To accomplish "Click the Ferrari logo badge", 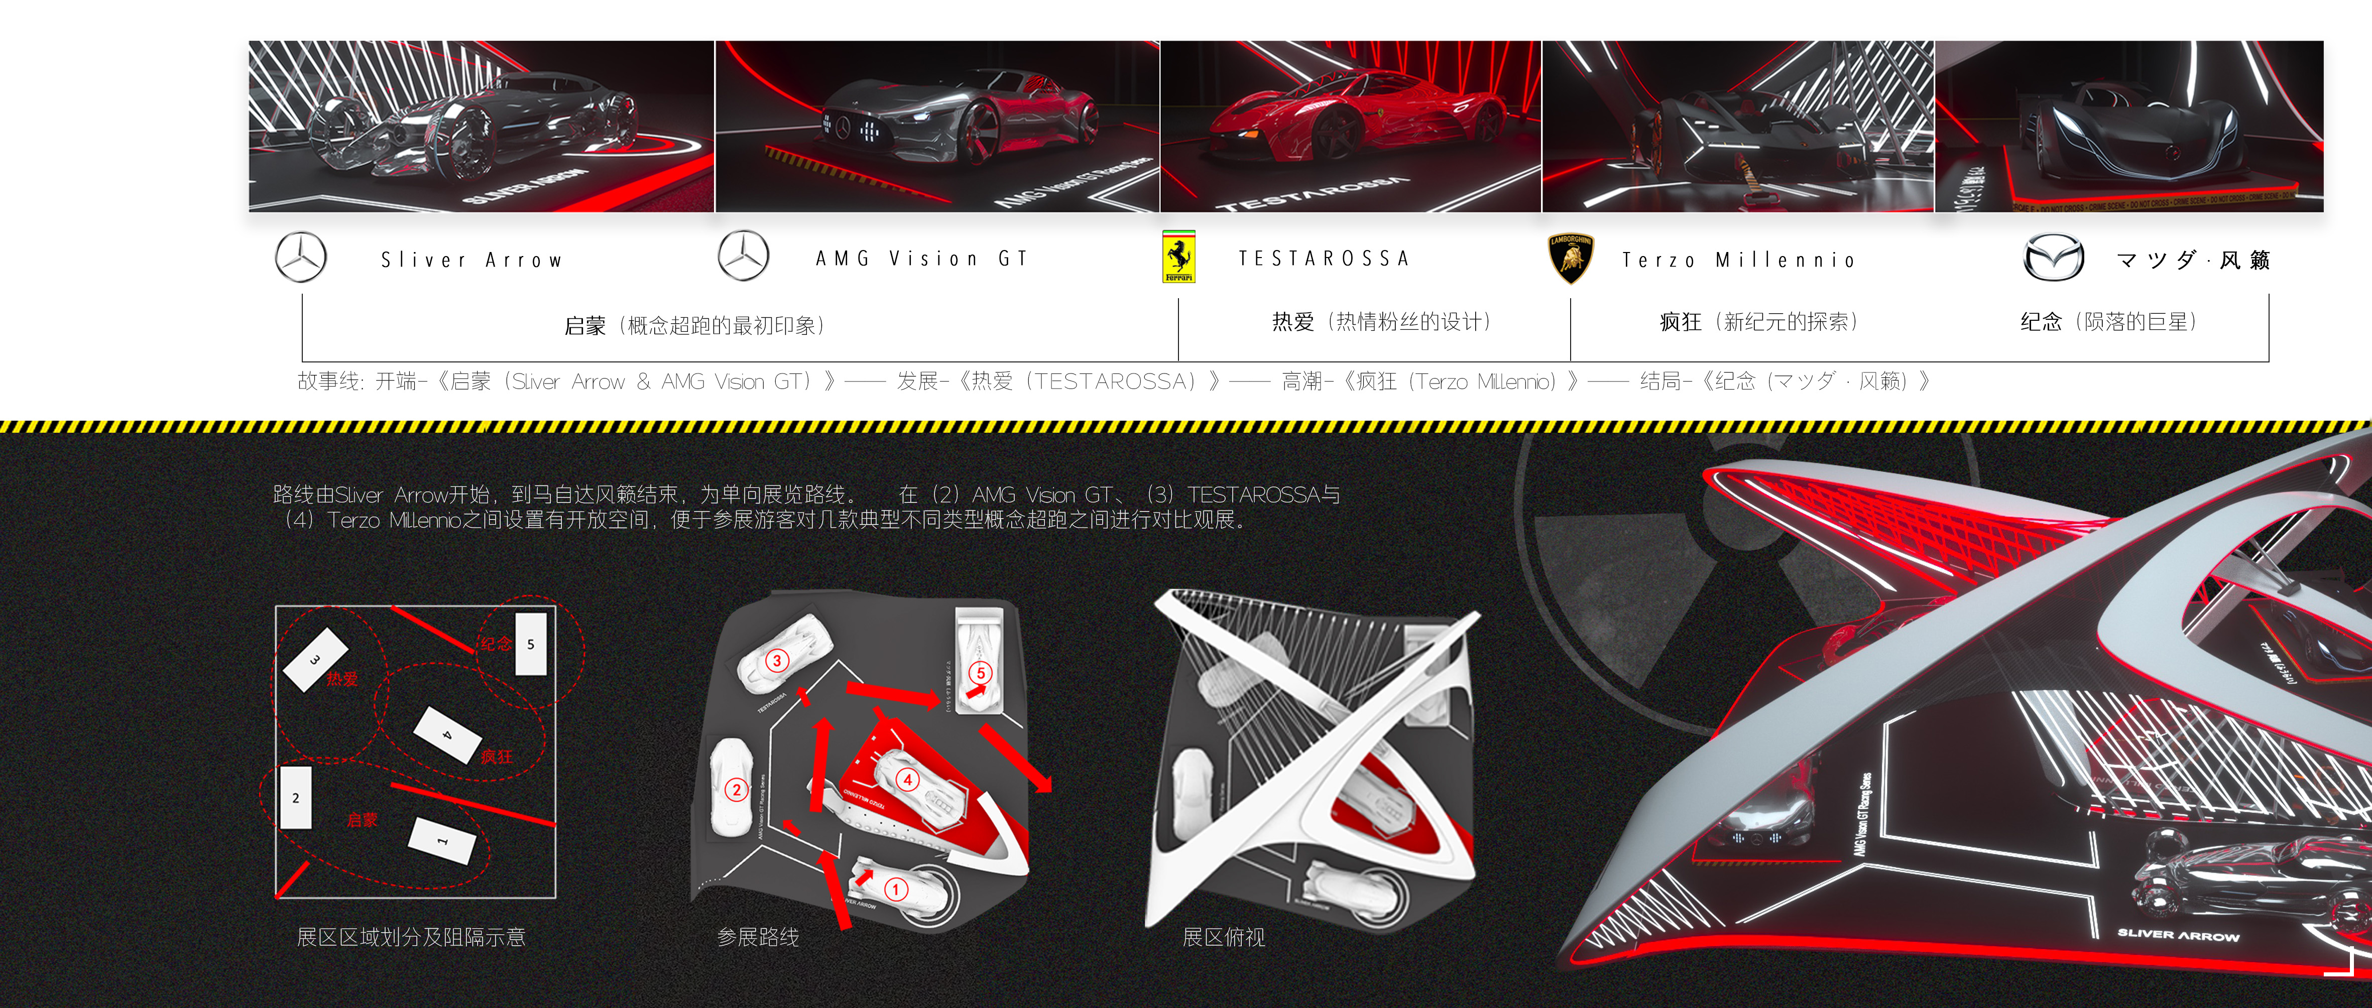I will tap(1178, 257).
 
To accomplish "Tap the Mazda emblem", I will tap(2053, 259).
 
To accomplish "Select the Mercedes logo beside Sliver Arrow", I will tap(301, 257).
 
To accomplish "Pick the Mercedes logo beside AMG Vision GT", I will tap(743, 256).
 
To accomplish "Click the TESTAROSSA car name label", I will tap(1323, 259).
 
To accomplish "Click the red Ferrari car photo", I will tap(1350, 126).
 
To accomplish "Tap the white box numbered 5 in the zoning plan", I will tap(530, 645).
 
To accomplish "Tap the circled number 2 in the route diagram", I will tap(736, 789).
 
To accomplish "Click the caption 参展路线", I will tap(758, 937).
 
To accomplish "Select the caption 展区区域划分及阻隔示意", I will tap(411, 937).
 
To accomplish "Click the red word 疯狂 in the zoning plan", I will tap(496, 757).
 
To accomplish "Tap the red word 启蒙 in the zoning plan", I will tap(362, 819).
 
